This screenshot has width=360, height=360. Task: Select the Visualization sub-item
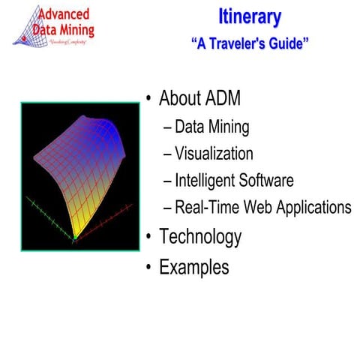click(x=214, y=154)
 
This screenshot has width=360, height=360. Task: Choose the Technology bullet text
click(x=200, y=237)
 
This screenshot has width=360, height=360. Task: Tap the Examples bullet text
click(x=194, y=267)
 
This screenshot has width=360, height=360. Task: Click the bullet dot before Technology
click(x=149, y=238)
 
